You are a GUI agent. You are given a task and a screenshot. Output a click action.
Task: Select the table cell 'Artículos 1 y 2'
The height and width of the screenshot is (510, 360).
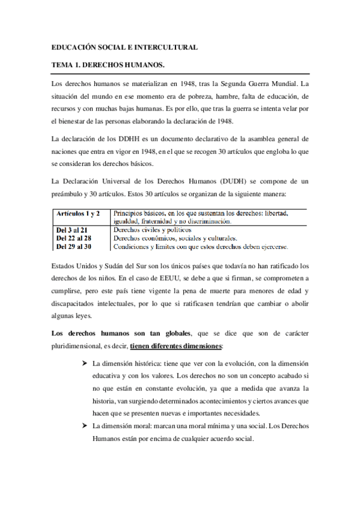pyautogui.click(x=78, y=214)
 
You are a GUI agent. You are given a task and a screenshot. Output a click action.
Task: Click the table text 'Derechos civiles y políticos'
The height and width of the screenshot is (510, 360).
pyautogui.click(x=151, y=230)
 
